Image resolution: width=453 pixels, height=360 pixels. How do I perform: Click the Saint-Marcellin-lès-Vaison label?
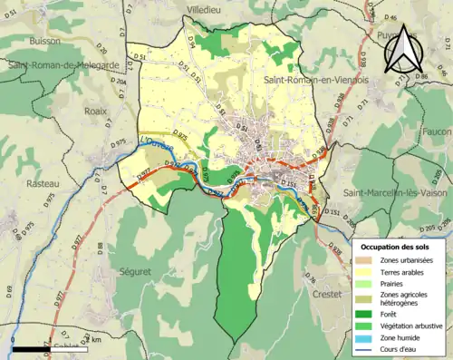click(396, 192)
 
